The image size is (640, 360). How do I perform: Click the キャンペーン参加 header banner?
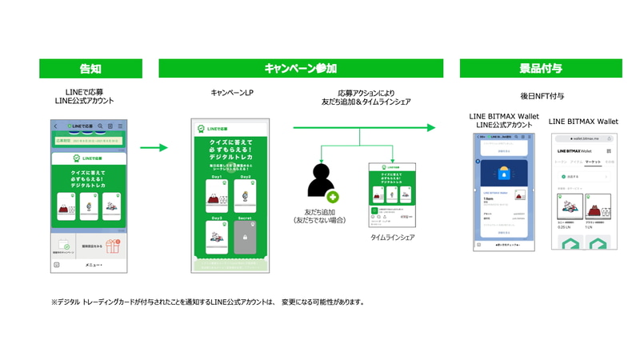tap(301, 69)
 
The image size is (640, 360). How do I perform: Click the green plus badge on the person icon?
tap(332, 196)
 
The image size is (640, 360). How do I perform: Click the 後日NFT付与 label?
tap(542, 96)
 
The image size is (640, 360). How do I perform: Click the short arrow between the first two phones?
tap(154, 147)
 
